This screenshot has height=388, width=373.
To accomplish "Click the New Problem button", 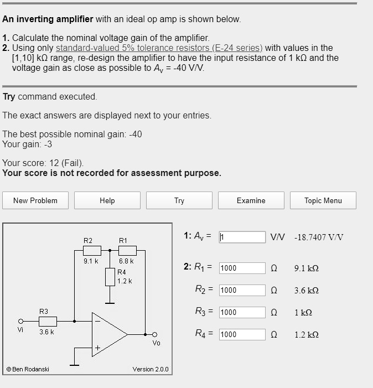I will (35, 200).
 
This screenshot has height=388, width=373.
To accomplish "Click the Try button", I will (179, 200).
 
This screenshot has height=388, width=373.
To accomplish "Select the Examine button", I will (251, 200).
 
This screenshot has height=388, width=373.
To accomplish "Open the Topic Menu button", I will (323, 200).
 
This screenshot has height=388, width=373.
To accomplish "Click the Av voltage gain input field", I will (242, 237).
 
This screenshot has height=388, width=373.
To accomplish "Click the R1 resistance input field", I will (242, 268).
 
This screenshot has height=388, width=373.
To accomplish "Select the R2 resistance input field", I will (242, 290).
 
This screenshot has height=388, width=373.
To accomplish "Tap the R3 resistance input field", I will (242, 312).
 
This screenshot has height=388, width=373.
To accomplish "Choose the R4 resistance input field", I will (242, 334).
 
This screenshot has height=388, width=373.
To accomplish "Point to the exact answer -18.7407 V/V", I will (319, 237).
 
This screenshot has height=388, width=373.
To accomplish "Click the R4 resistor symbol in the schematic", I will (111, 276).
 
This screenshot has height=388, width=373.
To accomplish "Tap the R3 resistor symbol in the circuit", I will (48, 320).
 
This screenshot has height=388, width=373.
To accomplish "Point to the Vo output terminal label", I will (157, 343).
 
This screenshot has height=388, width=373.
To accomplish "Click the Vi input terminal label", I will (20, 329).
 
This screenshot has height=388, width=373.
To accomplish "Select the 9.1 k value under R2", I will (91, 261).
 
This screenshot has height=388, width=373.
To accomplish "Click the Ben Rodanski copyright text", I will (28, 369).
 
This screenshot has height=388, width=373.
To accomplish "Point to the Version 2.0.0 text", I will (151, 369).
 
